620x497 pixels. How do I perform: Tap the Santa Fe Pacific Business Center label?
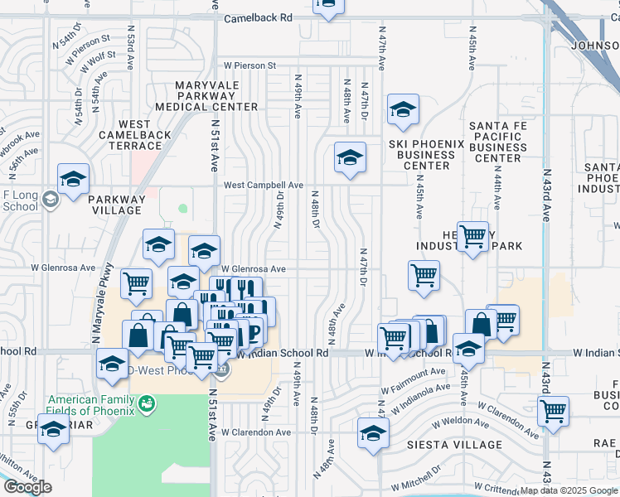click(x=496, y=142)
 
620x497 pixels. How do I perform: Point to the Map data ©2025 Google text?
click(x=569, y=490)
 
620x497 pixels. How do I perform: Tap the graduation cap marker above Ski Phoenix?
click(x=403, y=110)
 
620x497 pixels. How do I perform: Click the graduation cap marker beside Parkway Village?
click(x=73, y=180)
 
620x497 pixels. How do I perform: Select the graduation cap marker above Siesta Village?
click(x=373, y=433)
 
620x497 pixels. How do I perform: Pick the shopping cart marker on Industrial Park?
click(x=472, y=237)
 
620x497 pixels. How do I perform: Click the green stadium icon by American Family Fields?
click(x=148, y=403)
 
